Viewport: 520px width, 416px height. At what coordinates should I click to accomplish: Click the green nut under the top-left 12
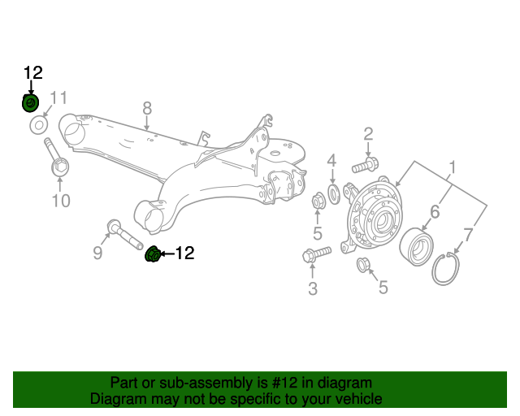click(x=31, y=103)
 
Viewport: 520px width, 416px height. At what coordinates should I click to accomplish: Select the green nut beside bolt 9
click(x=154, y=254)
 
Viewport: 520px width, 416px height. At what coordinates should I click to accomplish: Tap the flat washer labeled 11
click(x=39, y=125)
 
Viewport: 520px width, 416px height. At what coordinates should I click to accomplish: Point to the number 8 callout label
click(x=147, y=108)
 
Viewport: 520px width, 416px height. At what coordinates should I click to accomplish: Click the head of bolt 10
click(x=60, y=167)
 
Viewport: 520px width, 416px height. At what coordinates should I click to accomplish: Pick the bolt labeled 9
click(x=124, y=234)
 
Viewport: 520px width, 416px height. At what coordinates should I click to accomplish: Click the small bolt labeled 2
click(x=365, y=165)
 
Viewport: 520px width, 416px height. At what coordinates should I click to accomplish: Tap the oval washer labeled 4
click(x=334, y=194)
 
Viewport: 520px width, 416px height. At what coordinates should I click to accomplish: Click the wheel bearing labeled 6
click(x=417, y=246)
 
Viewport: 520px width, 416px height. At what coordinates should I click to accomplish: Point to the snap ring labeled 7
click(x=445, y=269)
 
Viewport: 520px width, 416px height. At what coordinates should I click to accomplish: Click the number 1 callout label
click(x=452, y=167)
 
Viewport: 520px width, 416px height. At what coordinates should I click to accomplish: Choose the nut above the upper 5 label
click(x=318, y=201)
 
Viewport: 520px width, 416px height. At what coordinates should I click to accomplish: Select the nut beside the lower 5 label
click(x=363, y=265)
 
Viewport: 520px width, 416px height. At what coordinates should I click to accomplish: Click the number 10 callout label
click(x=61, y=201)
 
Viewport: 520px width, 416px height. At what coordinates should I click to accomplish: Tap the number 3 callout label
click(x=313, y=288)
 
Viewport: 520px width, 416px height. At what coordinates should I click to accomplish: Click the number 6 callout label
click(x=435, y=211)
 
